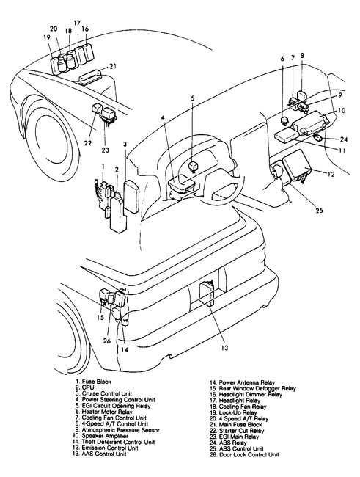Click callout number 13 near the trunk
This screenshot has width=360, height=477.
(224, 347)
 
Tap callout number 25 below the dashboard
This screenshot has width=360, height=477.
(319, 210)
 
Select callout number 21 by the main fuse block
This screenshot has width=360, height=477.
(113, 66)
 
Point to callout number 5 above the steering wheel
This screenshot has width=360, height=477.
(193, 98)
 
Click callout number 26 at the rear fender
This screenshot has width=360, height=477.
(107, 341)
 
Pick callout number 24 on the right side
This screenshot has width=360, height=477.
(344, 139)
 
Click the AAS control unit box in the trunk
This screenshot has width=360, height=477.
(207, 294)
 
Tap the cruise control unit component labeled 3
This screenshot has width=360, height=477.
(131, 196)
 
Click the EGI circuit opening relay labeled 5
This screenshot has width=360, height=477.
(193, 167)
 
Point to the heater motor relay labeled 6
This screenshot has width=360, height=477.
(285, 121)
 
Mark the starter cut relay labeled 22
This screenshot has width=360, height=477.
(96, 109)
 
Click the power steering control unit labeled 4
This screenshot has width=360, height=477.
(182, 183)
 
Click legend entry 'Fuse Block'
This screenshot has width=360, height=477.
(96, 382)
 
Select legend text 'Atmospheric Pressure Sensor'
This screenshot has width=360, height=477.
(121, 430)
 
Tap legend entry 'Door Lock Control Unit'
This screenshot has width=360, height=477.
(249, 454)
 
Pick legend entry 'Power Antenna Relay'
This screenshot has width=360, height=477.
(247, 382)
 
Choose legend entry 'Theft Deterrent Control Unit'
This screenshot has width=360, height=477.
(118, 442)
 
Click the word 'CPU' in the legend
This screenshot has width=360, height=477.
(88, 387)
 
